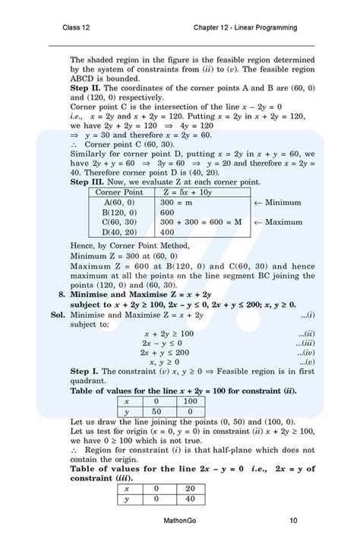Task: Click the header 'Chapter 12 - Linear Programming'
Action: pyautogui.click(x=245, y=28)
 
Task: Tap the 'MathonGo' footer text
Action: pyautogui.click(x=179, y=521)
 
